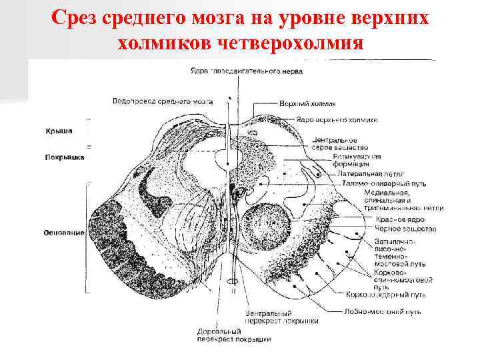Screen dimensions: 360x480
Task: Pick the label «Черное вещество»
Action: click(x=405, y=229)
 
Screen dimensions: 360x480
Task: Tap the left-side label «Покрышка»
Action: click(x=64, y=157)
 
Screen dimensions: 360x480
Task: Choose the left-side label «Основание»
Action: click(x=63, y=233)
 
